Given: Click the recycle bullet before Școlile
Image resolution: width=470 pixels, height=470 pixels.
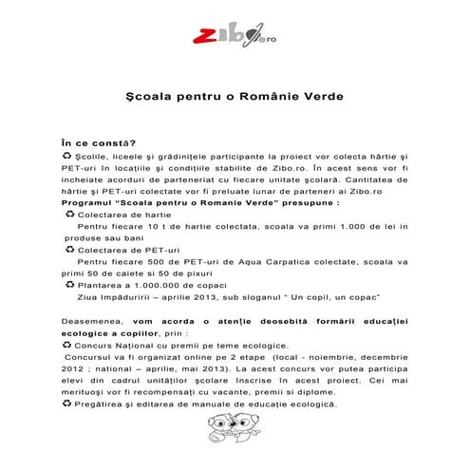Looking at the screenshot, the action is coord(65,154).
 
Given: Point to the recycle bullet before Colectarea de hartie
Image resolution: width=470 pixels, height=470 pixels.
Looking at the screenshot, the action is coord(70,215).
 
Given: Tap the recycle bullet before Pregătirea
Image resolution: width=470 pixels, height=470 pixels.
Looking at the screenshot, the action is coord(65,403).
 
